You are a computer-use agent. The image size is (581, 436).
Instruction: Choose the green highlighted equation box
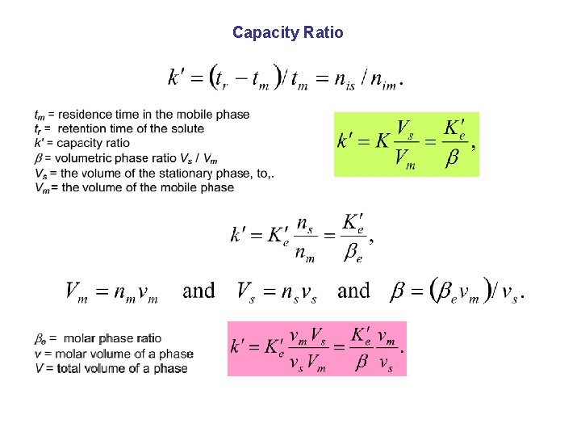pos(406,144)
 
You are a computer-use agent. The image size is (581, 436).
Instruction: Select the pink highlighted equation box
pos(317,348)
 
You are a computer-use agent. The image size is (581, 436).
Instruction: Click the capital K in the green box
pos(382,140)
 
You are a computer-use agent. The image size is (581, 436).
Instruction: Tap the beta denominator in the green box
pos(452,157)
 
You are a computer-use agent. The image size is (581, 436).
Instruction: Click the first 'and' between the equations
pos(199,291)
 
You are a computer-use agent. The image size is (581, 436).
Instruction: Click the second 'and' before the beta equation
pos(353,291)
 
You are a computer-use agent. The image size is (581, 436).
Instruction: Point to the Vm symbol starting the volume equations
pos(77,292)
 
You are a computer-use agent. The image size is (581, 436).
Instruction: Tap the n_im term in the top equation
pos(384,81)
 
